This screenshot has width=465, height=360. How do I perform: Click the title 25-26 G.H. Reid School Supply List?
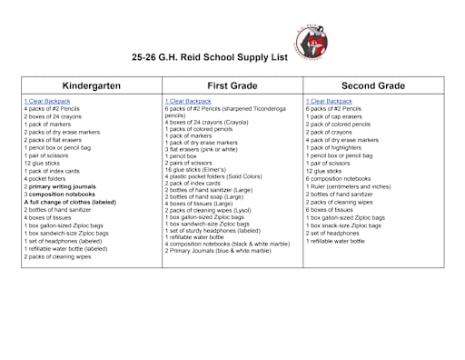(x=209, y=57)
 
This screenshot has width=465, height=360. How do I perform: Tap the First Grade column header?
(x=232, y=85)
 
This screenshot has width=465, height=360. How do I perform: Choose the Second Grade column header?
(x=373, y=85)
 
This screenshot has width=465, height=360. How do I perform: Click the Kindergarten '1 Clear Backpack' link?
(x=45, y=101)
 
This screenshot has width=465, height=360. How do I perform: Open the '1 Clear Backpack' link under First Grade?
(x=185, y=101)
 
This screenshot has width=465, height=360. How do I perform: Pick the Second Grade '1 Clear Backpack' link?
(x=328, y=101)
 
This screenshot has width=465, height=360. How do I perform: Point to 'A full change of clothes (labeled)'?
(x=70, y=202)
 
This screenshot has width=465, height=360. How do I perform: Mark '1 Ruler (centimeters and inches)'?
(x=349, y=186)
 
